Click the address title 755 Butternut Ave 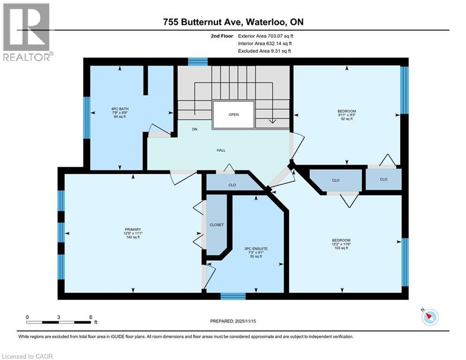point(233,22)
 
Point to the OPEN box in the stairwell point(234,114)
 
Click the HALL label point(221,150)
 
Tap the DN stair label point(194,129)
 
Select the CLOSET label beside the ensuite point(216,225)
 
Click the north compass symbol point(429,317)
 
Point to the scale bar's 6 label point(90,317)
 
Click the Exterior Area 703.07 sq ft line point(266,36)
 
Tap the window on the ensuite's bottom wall point(233,296)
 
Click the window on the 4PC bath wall point(86,118)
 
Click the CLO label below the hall point(232,185)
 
